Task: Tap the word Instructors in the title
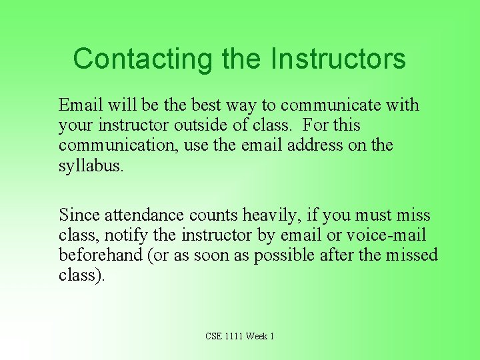[x=338, y=59]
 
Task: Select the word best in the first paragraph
[x=206, y=105]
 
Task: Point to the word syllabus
[x=91, y=166]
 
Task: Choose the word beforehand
[x=100, y=255]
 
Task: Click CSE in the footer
[x=214, y=336]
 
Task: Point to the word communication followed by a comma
[x=111, y=145]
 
